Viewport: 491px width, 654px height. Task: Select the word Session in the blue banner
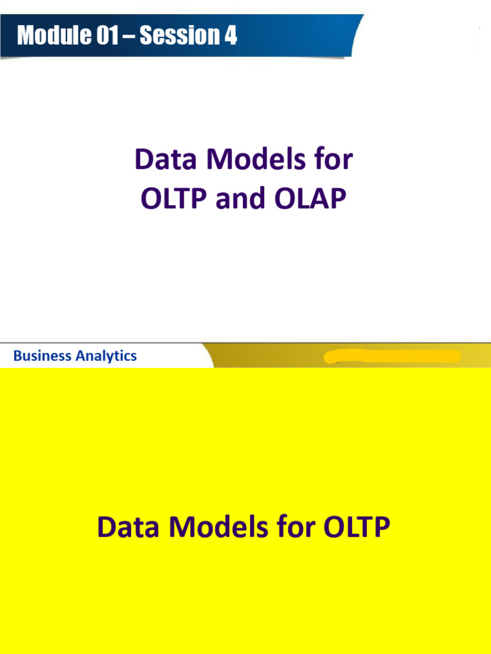[178, 36]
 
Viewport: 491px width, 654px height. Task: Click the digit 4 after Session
[230, 36]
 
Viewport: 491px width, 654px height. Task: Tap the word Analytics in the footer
[106, 356]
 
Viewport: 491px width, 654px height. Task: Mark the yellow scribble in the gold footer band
[393, 356]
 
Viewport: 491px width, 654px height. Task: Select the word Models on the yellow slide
[219, 528]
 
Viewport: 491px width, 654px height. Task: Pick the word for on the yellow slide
[297, 528]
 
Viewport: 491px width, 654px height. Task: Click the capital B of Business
[17, 356]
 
